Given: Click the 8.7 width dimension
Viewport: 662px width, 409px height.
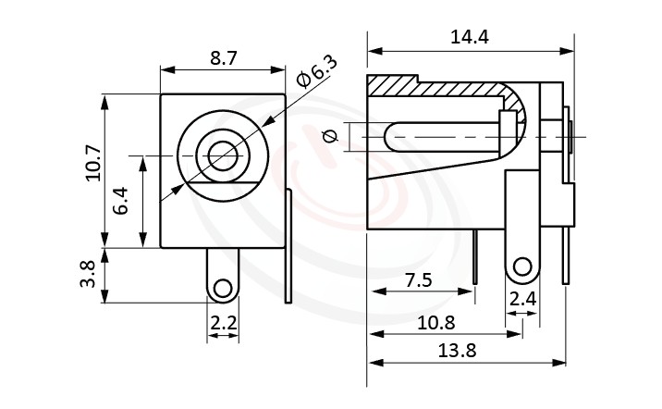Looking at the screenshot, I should coord(223,57).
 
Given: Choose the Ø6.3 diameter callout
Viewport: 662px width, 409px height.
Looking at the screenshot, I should coord(316,73).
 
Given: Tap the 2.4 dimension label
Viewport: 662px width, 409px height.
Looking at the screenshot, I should coord(522,298).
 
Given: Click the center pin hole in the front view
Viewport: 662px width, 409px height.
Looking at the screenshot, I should coord(222,155).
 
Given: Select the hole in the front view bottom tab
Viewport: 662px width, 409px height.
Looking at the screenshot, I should coord(222,290).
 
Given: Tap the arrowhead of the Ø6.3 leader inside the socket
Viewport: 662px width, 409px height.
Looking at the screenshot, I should coord(178,193).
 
